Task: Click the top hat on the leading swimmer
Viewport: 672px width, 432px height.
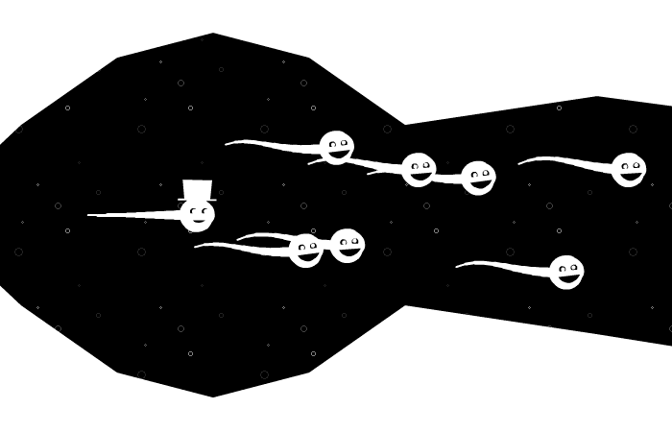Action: click(198, 189)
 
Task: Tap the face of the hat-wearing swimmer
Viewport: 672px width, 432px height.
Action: click(197, 214)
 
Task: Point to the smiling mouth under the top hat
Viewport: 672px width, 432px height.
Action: click(198, 221)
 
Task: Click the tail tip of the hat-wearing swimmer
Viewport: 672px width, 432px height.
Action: click(89, 214)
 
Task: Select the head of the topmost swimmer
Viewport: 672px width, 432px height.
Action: click(336, 147)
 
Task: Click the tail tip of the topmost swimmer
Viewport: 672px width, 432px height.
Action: click(227, 144)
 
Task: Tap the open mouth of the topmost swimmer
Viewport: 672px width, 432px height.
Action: click(338, 155)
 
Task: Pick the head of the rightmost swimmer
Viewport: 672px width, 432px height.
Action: click(628, 169)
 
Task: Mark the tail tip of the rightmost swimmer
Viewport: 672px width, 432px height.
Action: click(519, 163)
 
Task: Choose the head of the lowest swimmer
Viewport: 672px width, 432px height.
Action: click(566, 272)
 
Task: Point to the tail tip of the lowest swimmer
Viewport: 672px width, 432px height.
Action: click(457, 266)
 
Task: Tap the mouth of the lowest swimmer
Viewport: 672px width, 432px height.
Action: click(568, 279)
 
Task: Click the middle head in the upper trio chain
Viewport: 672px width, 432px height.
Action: click(419, 170)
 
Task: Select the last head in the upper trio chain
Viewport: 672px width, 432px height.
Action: click(478, 178)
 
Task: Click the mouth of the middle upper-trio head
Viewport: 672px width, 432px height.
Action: click(420, 177)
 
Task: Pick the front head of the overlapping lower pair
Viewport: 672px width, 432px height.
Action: click(348, 245)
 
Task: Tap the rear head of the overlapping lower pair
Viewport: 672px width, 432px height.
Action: click(305, 251)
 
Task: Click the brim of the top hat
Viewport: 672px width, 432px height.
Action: click(198, 199)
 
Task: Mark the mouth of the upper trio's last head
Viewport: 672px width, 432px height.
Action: click(480, 184)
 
